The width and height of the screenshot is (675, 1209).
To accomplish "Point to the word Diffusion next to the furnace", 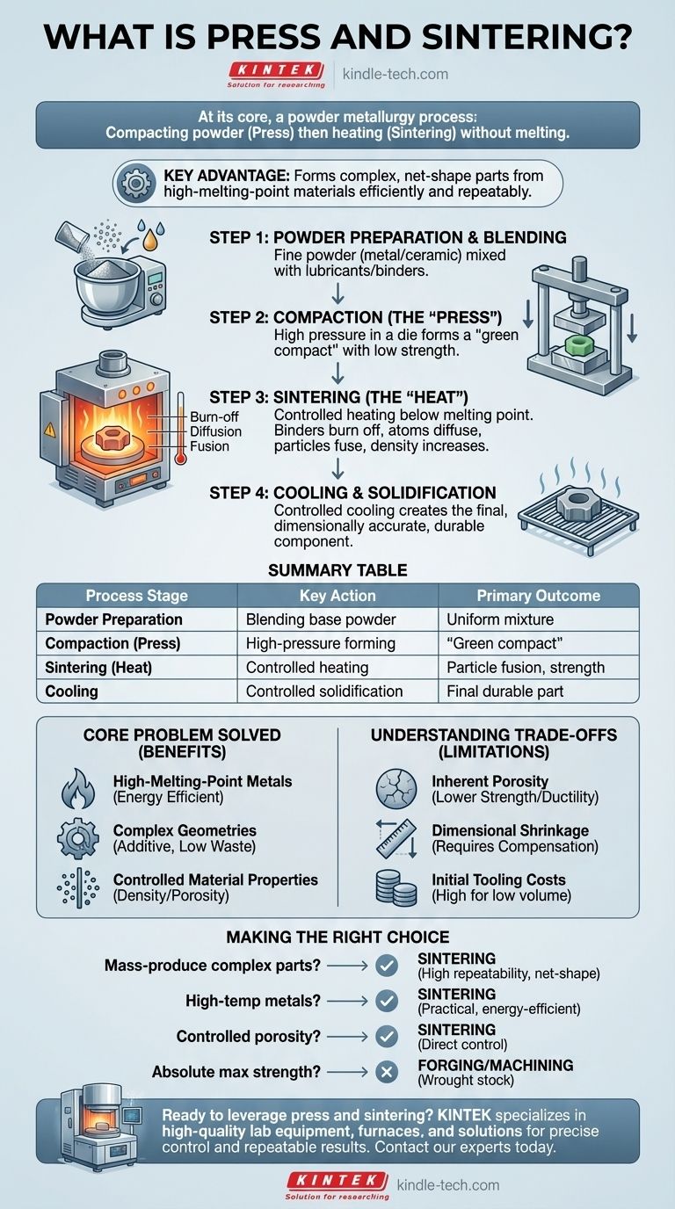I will click(214, 431).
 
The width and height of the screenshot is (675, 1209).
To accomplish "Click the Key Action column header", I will click(337, 595).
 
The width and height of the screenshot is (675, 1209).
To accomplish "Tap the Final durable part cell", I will click(505, 691).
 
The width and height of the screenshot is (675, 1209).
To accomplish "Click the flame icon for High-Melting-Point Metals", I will click(78, 787).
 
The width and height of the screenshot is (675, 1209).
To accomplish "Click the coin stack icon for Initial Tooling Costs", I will click(396, 887).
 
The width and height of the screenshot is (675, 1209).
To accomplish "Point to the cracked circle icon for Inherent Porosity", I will click(396, 788).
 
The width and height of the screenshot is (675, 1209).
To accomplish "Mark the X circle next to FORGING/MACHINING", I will click(386, 1073).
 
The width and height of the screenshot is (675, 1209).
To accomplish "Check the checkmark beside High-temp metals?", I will click(386, 1001).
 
